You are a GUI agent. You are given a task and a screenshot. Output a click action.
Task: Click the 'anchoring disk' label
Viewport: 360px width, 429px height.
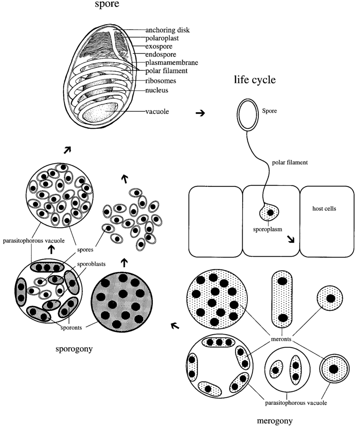click(x=167, y=30)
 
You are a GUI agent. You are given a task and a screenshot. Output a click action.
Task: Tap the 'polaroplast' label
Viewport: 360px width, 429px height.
click(x=162, y=38)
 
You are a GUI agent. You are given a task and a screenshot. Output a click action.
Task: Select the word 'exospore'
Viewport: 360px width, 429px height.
click(x=159, y=46)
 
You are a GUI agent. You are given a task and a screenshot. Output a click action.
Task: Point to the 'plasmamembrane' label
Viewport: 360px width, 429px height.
click(x=172, y=62)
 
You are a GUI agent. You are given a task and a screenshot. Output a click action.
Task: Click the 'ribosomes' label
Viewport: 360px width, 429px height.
click(x=161, y=81)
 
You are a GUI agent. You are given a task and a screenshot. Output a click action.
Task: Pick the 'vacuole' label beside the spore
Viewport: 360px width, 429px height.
click(x=157, y=111)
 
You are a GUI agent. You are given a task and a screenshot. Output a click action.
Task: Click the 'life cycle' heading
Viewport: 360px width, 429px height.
click(x=255, y=80)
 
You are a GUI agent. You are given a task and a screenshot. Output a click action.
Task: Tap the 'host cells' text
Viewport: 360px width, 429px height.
click(x=324, y=208)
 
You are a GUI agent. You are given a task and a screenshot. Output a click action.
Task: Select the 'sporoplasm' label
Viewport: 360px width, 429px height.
click(x=267, y=229)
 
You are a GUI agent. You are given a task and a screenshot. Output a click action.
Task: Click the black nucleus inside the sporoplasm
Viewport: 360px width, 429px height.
click(x=270, y=212)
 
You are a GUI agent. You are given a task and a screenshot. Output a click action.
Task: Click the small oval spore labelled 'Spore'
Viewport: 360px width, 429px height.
click(x=248, y=115)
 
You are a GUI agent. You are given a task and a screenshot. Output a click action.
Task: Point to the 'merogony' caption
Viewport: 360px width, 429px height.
click(x=274, y=421)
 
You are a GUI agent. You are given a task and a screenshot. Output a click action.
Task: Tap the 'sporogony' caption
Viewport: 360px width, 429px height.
click(x=74, y=349)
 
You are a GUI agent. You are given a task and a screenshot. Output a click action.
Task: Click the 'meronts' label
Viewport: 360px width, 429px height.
click(x=281, y=339)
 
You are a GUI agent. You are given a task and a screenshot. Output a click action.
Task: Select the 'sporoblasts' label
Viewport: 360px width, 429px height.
click(x=91, y=264)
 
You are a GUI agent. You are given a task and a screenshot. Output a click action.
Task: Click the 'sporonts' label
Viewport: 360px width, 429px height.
click(x=71, y=327)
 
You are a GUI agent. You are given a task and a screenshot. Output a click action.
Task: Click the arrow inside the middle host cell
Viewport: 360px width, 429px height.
click(x=291, y=239)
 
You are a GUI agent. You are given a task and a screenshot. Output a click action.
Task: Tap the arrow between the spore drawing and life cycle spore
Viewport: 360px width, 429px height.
click(x=200, y=113)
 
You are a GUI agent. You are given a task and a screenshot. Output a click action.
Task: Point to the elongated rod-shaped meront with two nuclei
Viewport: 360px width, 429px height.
click(x=282, y=299)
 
